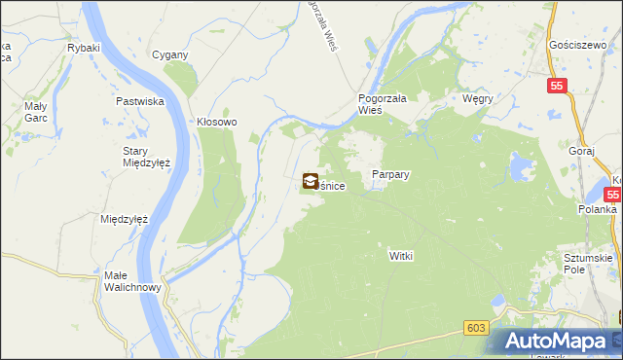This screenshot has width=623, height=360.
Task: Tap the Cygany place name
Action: [168, 54]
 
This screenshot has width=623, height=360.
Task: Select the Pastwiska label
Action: [138, 101]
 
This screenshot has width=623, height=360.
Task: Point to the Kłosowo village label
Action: [217, 123]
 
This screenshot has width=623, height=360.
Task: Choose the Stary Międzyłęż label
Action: [146, 157]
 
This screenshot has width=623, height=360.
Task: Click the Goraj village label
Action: [582, 154]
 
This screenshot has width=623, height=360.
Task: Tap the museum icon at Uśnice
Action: [310, 180]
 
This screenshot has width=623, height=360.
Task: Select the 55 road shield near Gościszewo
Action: [556, 86]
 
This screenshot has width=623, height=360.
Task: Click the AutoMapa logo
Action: [560, 342]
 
